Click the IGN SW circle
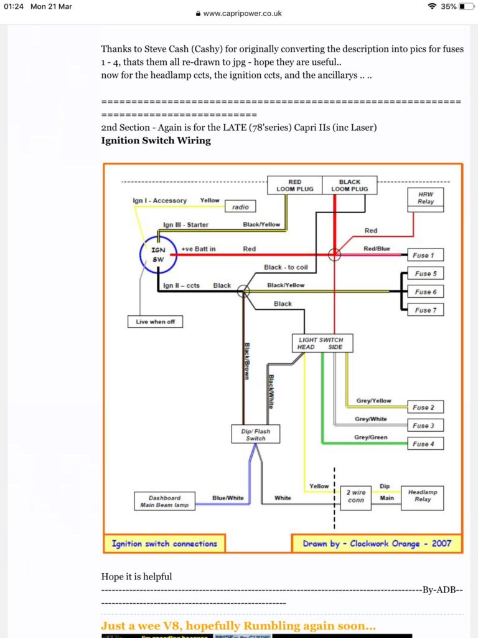[140, 254]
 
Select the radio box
[240, 207]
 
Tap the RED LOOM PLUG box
[294, 185]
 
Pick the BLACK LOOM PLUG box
[350, 185]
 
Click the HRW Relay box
[426, 199]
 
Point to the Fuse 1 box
[425, 255]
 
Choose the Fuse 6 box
[425, 292]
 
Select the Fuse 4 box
[425, 444]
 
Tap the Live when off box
[155, 321]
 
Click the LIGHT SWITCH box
[322, 343]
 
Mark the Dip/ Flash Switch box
[256, 434]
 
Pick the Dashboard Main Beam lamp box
[164, 501]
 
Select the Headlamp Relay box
[423, 498]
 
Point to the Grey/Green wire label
[371, 437]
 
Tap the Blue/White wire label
[228, 498]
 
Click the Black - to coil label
[286, 267]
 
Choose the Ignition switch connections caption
[164, 543]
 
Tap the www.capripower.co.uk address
[242, 14]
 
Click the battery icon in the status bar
[466, 6]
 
